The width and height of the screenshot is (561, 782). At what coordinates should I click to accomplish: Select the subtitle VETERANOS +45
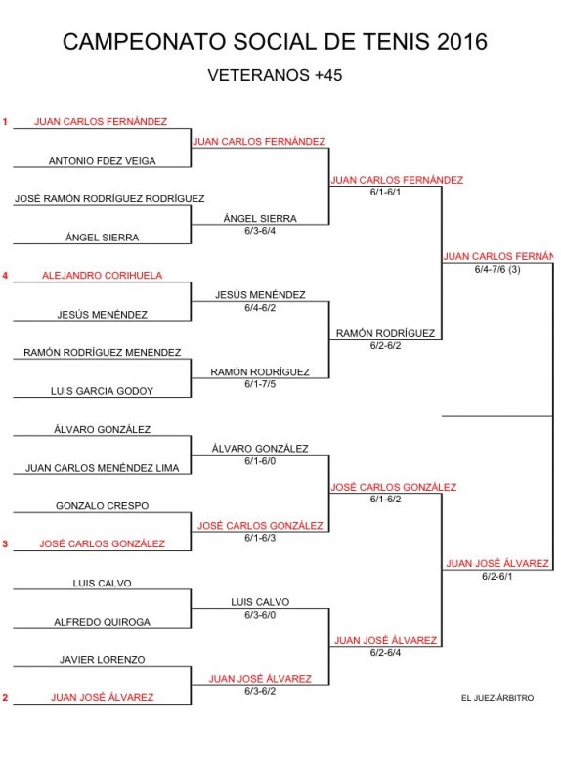[x=275, y=75]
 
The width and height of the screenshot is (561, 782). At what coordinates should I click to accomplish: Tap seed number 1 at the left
[x=5, y=121]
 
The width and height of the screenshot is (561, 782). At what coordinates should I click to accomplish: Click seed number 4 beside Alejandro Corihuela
[x=5, y=276]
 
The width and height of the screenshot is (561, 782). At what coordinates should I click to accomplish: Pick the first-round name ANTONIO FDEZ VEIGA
[x=103, y=161]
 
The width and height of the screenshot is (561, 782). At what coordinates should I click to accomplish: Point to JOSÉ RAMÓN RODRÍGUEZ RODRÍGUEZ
[x=109, y=199]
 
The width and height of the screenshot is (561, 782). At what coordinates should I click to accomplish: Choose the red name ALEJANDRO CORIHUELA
[x=103, y=276]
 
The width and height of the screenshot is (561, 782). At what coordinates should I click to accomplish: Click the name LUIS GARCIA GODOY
[x=103, y=391]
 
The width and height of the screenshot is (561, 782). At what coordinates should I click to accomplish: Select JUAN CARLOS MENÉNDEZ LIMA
[x=103, y=468]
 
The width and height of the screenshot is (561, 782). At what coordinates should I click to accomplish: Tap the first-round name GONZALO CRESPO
[x=103, y=506]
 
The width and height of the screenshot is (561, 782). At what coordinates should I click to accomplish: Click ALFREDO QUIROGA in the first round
[x=103, y=622]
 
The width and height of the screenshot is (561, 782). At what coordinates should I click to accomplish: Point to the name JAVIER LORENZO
[x=103, y=660]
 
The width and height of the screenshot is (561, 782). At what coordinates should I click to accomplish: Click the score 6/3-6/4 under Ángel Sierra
[x=260, y=231]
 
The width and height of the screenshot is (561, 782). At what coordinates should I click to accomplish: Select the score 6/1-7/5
[x=260, y=384]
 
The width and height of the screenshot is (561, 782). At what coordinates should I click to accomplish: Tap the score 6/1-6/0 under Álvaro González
[x=260, y=461]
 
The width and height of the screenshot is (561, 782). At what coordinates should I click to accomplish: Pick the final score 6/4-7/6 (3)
[x=497, y=270]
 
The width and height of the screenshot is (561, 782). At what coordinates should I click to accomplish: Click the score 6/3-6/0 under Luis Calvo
[x=260, y=615]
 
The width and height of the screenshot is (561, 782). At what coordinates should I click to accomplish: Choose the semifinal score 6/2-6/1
[x=497, y=577]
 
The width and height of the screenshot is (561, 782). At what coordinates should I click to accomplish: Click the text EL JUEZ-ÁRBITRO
[x=497, y=698]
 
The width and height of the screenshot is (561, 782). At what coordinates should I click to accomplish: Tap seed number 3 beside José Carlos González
[x=5, y=544]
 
